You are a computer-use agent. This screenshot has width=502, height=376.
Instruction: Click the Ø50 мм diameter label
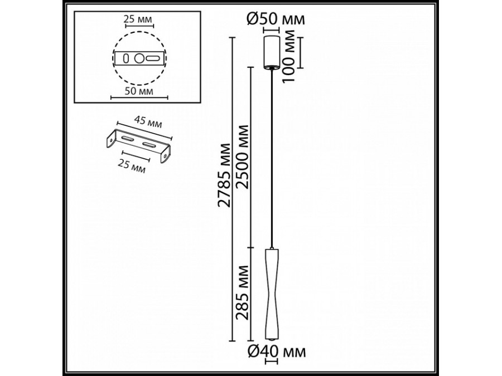click(276, 19)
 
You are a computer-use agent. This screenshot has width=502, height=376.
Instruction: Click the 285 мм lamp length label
click(243, 297)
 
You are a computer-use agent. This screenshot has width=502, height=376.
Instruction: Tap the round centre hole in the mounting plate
click(139, 57)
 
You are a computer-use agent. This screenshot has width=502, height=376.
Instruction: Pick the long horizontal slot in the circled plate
click(152, 57)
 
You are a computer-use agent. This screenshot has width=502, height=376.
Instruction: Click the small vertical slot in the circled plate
click(126, 57)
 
